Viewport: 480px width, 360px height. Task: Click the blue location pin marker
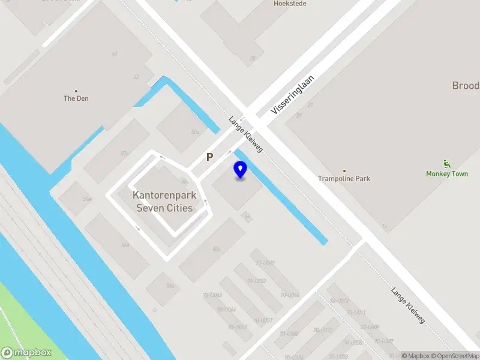tap(240, 170)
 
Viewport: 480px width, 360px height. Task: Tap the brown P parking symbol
tap(210, 157)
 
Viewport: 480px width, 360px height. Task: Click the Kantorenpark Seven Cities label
tap(164, 202)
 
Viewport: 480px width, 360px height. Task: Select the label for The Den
tap(76, 98)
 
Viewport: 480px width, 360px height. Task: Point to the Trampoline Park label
tap(344, 178)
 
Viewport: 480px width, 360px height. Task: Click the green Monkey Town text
tap(447, 174)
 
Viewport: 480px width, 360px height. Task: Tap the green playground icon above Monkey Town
tap(446, 163)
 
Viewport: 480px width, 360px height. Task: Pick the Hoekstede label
tap(290, 3)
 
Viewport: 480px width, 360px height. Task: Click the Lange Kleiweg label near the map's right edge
tap(408, 306)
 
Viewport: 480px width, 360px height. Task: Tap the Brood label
tap(466, 86)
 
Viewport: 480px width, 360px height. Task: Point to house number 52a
tap(125, 154)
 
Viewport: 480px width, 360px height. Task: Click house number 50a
tap(195, 131)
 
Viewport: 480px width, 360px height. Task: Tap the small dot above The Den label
tap(76, 90)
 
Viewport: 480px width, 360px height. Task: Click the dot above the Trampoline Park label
tap(344, 170)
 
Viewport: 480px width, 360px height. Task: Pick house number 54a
tap(87, 199)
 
